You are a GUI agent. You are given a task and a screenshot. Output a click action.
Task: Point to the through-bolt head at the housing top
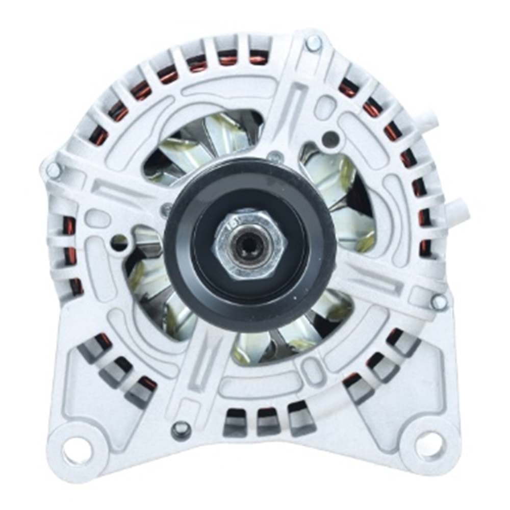pyautogui.click(x=314, y=44)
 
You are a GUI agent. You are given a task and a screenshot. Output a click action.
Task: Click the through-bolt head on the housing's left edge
pyautogui.click(x=53, y=171)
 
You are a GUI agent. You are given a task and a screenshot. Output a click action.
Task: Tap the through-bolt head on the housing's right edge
pyautogui.click(x=438, y=301)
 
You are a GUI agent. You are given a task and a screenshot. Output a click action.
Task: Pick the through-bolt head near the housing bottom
pyautogui.click(x=181, y=429)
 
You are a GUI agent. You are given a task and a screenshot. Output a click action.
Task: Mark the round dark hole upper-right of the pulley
pyautogui.click(x=330, y=139)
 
